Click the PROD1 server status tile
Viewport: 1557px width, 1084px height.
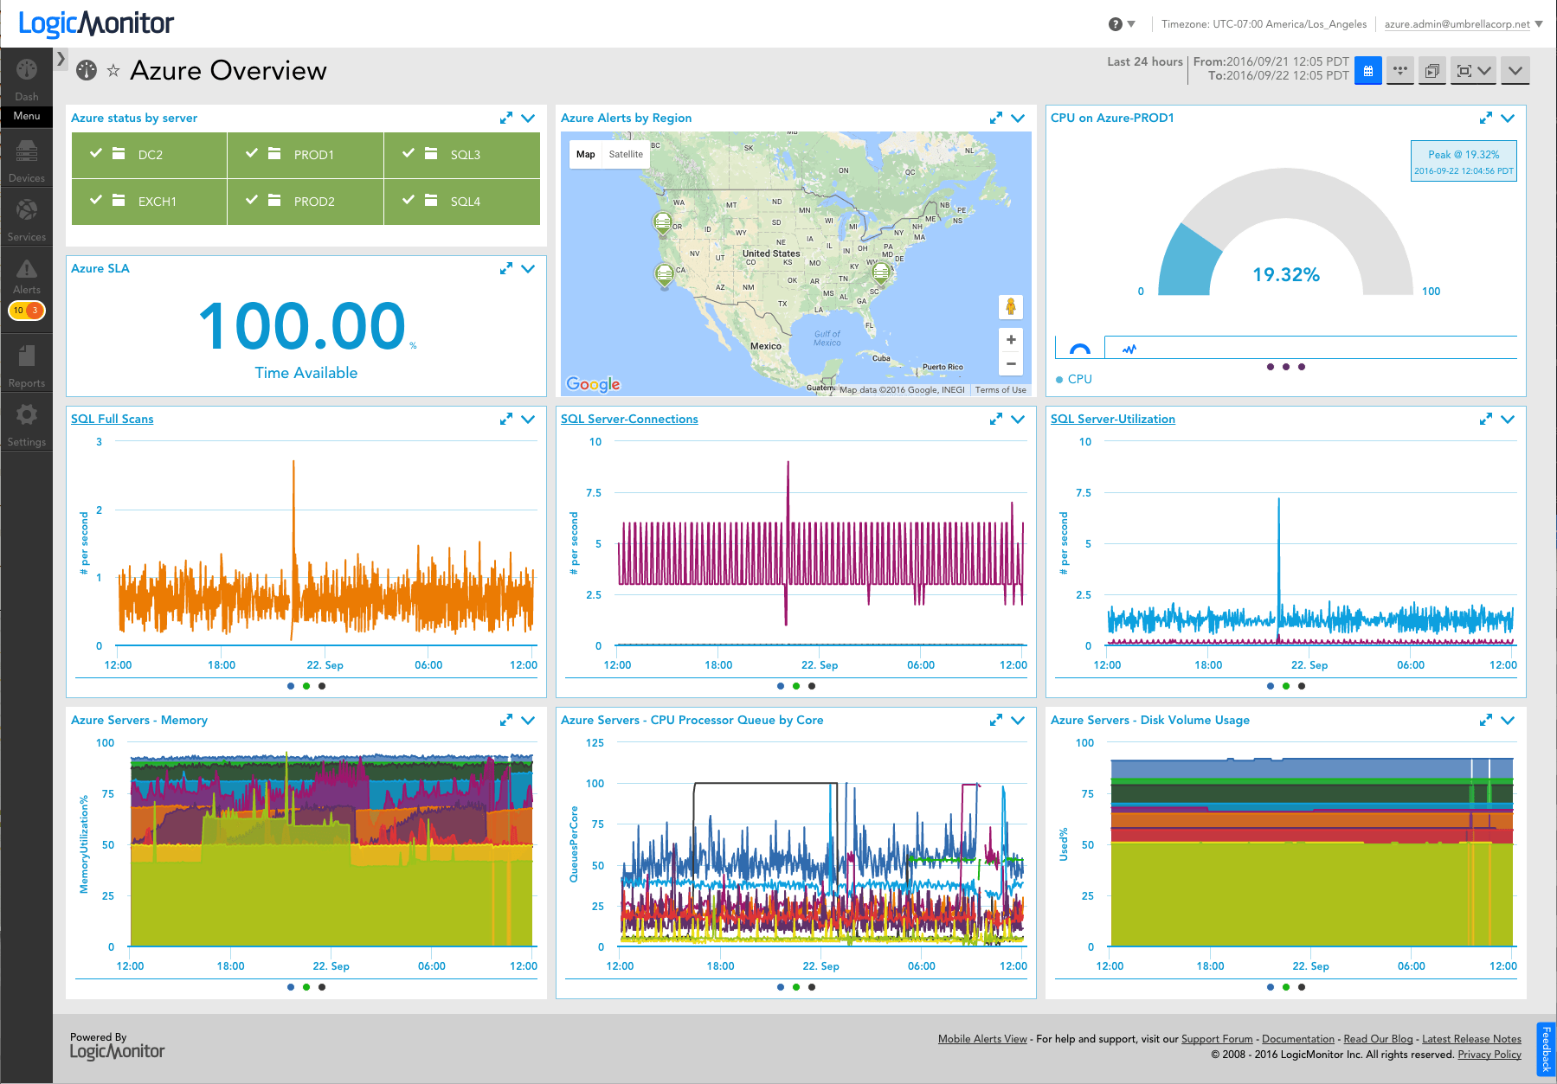305,155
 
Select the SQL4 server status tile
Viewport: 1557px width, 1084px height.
461,202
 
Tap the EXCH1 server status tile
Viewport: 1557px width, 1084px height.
149,202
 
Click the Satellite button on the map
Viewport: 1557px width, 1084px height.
626,155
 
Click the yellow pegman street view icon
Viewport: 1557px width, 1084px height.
1010,306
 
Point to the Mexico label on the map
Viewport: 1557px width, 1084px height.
765,346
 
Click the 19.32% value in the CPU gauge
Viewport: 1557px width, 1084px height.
1285,275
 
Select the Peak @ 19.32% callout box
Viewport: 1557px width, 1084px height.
1463,161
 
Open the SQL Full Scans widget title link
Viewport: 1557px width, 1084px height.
113,420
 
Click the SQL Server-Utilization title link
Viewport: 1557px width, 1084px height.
1112,420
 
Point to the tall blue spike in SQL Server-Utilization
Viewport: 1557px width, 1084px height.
1278,536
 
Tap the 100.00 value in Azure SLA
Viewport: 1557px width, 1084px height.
303,327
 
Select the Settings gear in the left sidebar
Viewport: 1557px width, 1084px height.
27,416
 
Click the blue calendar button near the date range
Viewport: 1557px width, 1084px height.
1367,71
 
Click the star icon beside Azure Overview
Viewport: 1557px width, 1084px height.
113,71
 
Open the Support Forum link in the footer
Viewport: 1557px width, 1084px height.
1216,1039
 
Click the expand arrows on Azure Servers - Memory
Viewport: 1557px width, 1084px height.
505,721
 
